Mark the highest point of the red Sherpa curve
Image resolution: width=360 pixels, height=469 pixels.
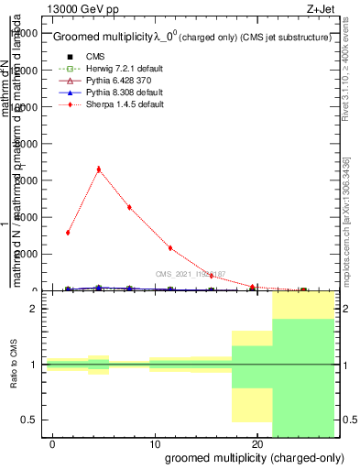98,169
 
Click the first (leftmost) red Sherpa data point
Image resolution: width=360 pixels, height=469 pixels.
68,233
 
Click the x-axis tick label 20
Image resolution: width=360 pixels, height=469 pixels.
256,442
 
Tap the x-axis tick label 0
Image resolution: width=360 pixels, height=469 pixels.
53,442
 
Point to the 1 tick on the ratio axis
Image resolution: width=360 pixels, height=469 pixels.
37,365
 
